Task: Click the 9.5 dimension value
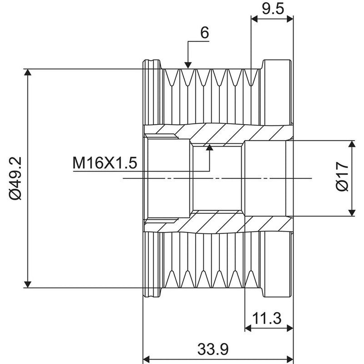[x=273, y=9]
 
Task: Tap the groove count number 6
[x=204, y=33]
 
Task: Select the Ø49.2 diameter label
[x=15, y=178]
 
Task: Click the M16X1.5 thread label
[x=105, y=163]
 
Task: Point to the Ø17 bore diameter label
[x=343, y=177]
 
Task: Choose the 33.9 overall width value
[x=213, y=349]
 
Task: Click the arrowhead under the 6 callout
[x=188, y=66]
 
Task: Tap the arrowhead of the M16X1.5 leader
[x=210, y=147]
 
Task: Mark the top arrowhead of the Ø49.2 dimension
[x=28, y=72]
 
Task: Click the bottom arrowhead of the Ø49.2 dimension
[x=28, y=284]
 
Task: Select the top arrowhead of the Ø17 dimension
[x=352, y=144]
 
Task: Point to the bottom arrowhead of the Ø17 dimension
[x=352, y=212]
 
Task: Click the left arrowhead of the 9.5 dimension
[x=255, y=19]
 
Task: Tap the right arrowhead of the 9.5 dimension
[x=290, y=19]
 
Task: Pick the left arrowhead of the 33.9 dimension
[x=146, y=359]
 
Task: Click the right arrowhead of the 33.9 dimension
[x=290, y=359]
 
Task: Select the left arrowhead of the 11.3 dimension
[x=248, y=328]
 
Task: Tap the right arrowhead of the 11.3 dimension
[x=290, y=328]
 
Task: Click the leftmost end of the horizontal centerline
[x=123, y=178]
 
